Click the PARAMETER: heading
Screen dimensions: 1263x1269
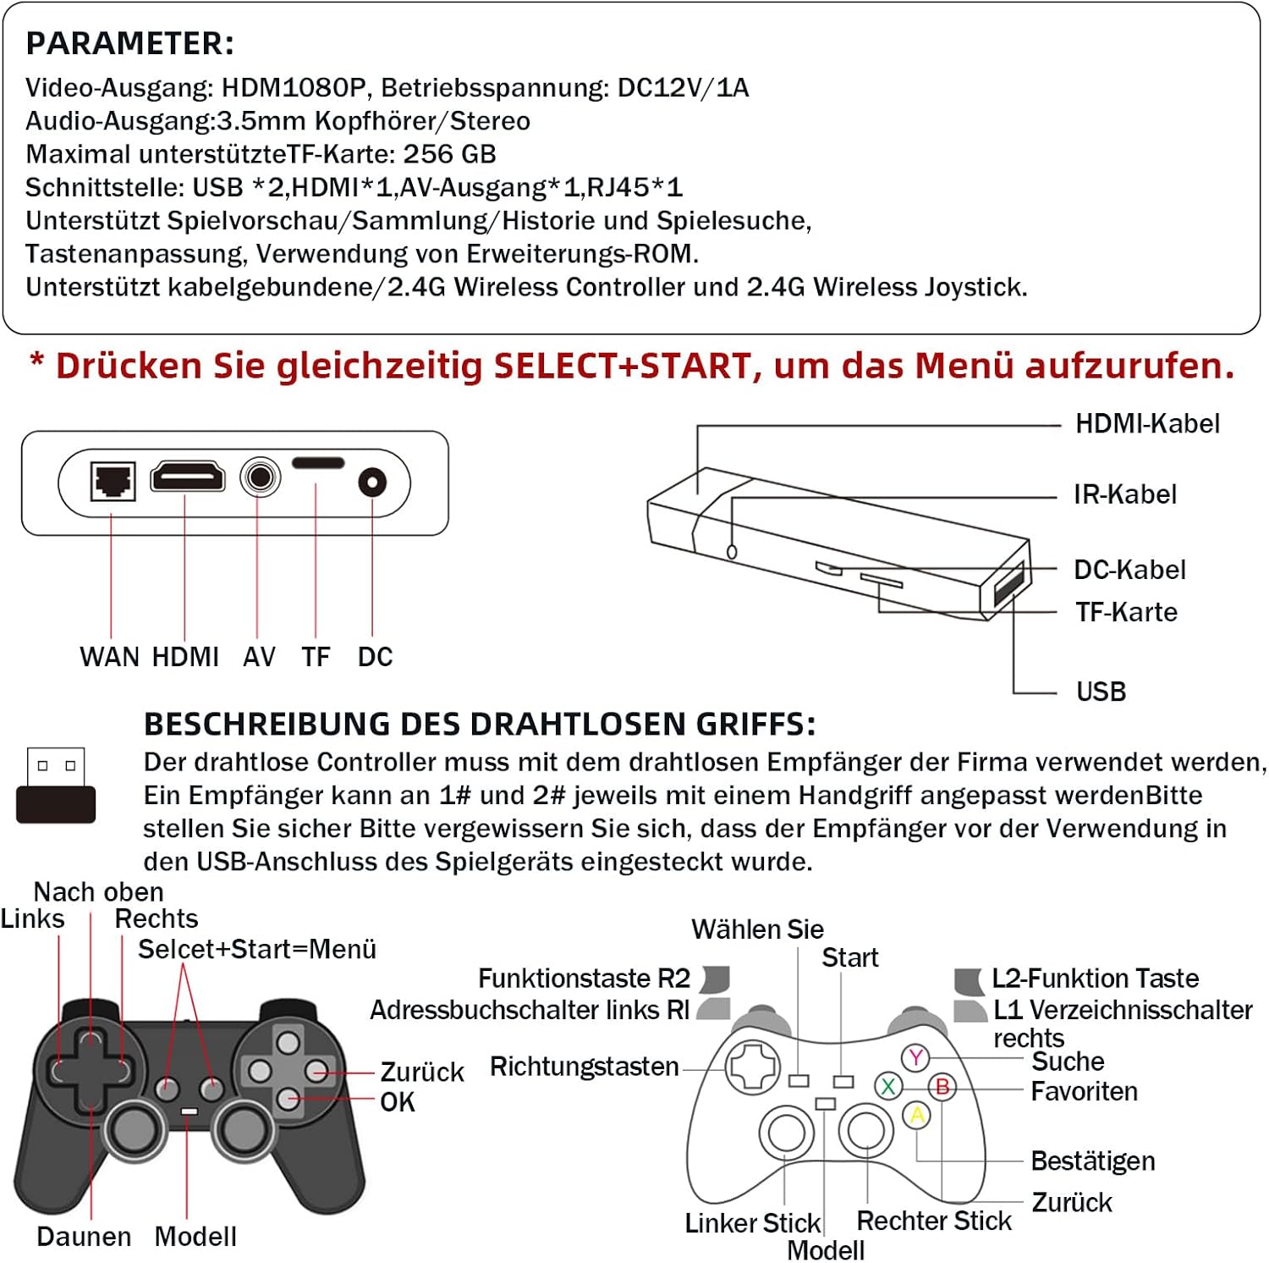click(130, 43)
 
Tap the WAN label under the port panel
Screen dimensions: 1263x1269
click(110, 657)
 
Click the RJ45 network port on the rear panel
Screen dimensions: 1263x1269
click(113, 482)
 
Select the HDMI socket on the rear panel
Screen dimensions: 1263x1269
click(188, 477)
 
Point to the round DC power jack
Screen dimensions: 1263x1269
click(372, 483)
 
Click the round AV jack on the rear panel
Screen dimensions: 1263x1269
click(260, 478)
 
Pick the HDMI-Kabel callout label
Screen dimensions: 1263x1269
click(1146, 424)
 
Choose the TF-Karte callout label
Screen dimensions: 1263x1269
click(1126, 612)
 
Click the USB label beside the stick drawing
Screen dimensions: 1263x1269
click(1101, 692)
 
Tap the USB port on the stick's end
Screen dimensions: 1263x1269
click(1008, 584)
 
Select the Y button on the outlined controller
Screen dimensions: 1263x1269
click(915, 1057)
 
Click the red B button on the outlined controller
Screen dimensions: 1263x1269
click(942, 1086)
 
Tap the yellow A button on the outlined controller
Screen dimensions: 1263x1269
click(917, 1115)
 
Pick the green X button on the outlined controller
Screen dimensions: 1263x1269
click(888, 1086)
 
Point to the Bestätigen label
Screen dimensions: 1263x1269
click(1092, 1161)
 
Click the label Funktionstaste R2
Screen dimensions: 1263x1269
click(584, 979)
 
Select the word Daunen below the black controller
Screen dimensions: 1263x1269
click(84, 1237)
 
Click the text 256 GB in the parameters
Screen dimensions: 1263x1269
click(449, 154)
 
